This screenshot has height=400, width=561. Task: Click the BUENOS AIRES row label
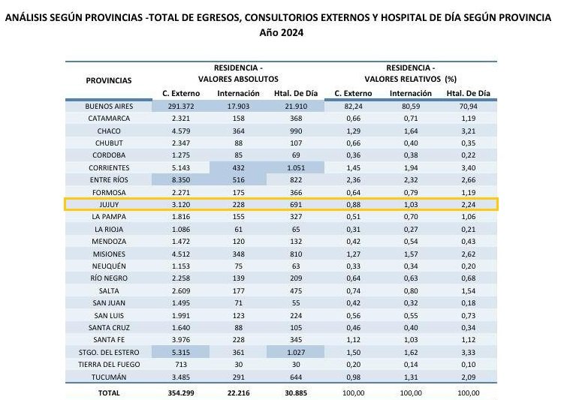point(108,107)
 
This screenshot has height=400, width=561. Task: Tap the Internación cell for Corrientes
point(240,167)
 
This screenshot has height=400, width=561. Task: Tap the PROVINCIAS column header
point(108,80)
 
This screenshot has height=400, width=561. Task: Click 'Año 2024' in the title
point(280,33)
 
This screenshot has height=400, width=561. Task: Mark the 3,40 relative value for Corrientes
point(469,167)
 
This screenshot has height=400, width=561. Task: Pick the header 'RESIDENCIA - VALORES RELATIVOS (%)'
point(411,73)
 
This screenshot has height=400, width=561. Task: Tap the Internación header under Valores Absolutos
point(240,93)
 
